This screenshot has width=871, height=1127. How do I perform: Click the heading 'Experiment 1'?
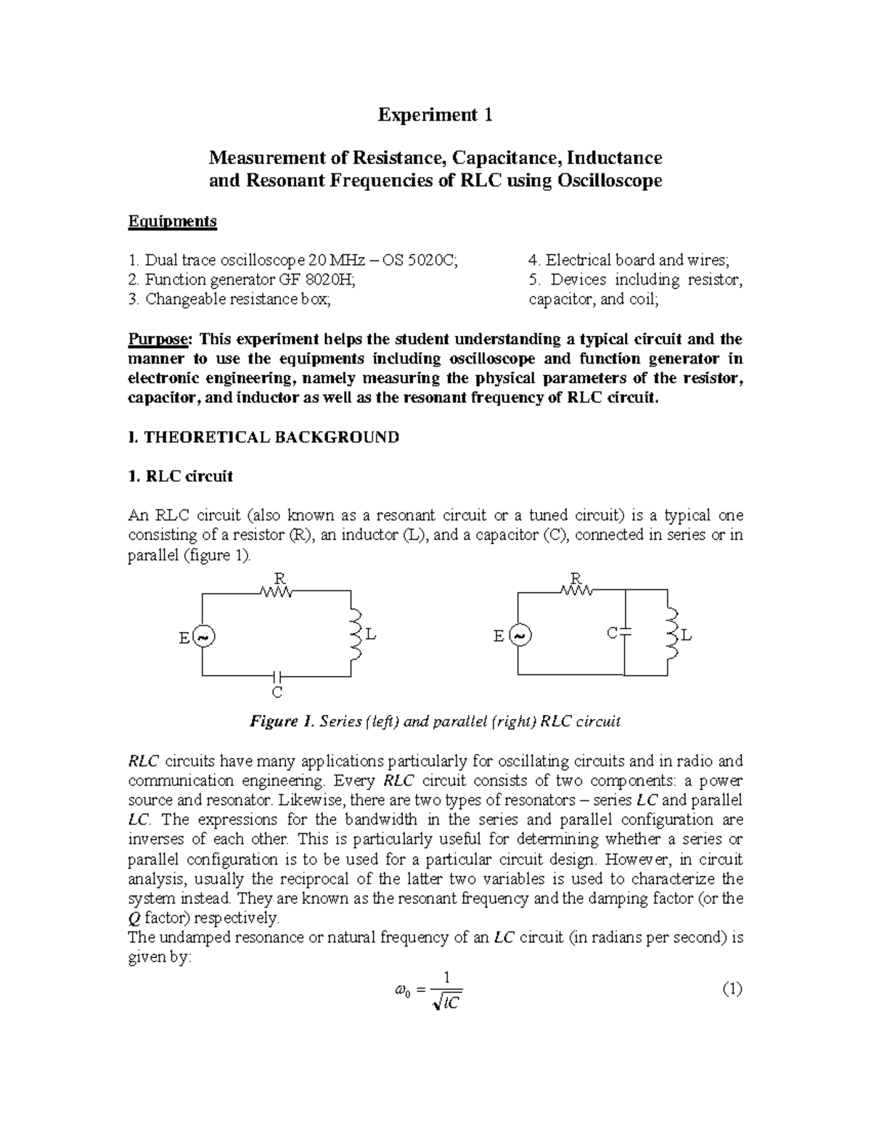pos(435,115)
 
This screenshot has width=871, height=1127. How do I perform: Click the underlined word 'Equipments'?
pos(172,221)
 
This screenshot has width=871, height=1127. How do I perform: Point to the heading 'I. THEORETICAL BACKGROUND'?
pos(263,438)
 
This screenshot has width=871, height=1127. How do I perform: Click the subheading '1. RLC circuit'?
pos(180,477)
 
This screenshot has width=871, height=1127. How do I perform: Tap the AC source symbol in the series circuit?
pos(203,636)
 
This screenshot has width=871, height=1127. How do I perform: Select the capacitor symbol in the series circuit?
pos(276,675)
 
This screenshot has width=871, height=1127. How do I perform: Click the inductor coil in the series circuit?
pos(356,634)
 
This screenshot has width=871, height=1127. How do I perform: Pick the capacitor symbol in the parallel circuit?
pos(625,633)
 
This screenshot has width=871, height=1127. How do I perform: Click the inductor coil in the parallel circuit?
pos(671,634)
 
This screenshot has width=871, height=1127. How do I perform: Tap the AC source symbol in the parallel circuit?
pos(520,635)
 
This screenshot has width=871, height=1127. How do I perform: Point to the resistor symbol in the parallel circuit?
pos(576,591)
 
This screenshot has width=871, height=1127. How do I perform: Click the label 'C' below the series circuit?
pos(276,692)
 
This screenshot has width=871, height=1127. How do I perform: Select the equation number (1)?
pos(732,989)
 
